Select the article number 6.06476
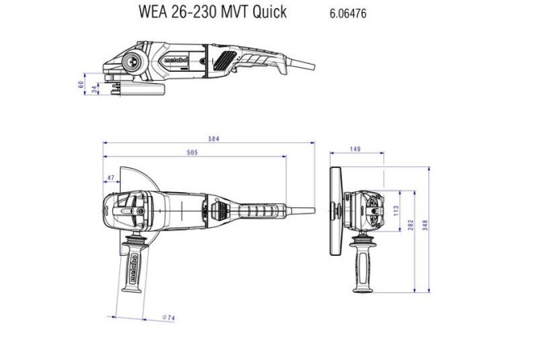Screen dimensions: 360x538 (x=348, y=13)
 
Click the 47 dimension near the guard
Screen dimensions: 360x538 (x=110, y=177)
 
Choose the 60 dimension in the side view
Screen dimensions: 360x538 (x=81, y=83)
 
